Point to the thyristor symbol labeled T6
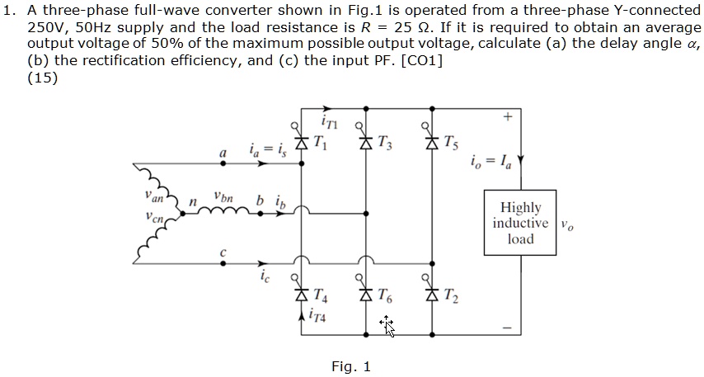[366, 293]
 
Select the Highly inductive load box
[520, 224]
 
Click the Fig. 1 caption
[351, 366]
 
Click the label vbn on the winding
[223, 197]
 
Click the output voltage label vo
[566, 225]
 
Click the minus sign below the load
[509, 328]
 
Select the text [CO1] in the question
[420, 60]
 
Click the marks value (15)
[42, 78]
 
